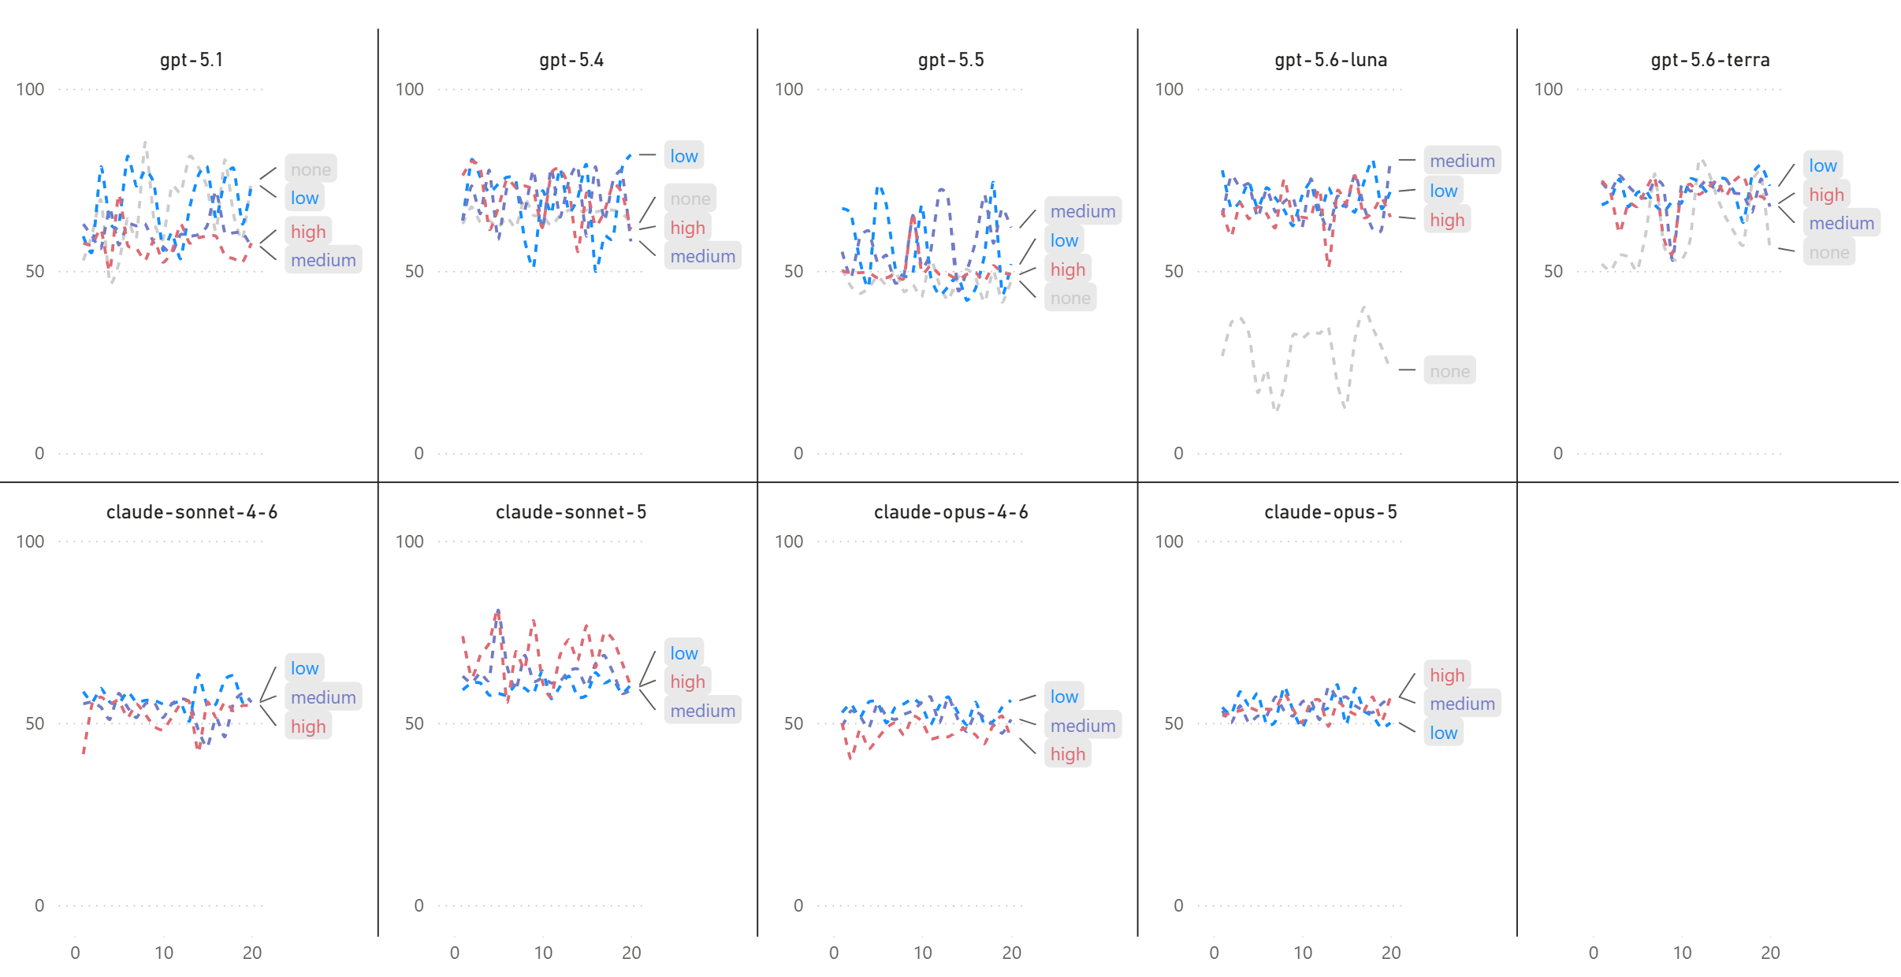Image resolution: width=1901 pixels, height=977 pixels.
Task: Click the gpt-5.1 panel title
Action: coord(192,60)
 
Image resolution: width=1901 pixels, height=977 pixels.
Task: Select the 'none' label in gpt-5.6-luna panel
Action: coord(1449,371)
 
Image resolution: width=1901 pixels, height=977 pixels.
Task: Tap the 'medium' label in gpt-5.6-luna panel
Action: coord(1462,161)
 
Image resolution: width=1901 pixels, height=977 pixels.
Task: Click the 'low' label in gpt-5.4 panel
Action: coord(683,156)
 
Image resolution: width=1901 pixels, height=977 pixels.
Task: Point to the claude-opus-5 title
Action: coord(1330,512)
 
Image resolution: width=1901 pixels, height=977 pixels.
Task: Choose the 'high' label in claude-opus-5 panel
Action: coord(1447,675)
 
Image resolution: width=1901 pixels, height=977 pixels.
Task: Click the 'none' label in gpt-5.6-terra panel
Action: coord(1828,252)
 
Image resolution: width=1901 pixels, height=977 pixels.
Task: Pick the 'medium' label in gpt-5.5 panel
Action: coord(1082,211)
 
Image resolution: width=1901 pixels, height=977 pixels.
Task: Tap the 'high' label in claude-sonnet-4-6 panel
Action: coord(307,726)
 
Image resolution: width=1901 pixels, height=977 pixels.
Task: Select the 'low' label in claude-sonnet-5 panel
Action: coord(683,653)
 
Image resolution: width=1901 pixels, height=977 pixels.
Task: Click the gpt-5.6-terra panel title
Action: coord(1710,60)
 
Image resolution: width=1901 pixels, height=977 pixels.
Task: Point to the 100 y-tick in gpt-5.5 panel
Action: coord(789,89)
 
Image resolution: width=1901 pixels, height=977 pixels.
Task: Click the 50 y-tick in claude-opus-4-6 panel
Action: coord(794,723)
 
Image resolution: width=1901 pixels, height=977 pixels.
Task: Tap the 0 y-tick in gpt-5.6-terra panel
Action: coord(1557,453)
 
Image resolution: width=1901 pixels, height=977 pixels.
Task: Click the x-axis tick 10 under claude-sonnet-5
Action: coord(543,953)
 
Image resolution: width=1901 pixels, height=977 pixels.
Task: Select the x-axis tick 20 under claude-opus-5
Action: coord(1391,953)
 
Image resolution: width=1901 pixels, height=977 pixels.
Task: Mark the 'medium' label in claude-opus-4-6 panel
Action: coord(1082,726)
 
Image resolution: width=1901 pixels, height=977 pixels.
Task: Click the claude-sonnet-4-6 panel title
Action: coord(192,512)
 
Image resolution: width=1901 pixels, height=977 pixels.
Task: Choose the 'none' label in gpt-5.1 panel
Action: coord(311,169)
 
